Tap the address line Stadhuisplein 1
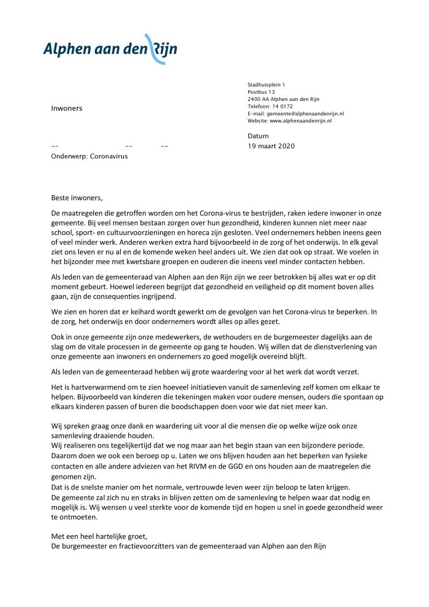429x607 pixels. [x=267, y=85]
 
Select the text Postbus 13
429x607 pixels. [x=261, y=92]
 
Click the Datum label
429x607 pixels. [x=258, y=136]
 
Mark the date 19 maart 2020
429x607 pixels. [x=271, y=146]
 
